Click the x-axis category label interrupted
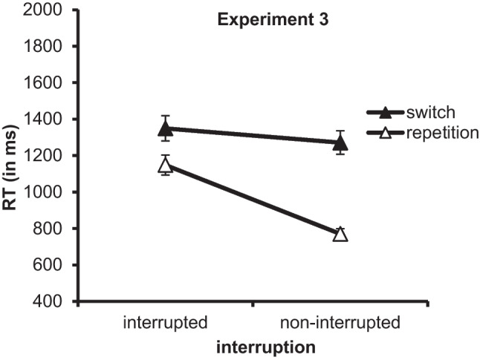coord(165,323)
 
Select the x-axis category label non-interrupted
coord(340,323)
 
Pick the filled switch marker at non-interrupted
coord(340,143)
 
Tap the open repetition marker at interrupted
coord(166,166)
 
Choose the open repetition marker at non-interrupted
coord(340,235)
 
